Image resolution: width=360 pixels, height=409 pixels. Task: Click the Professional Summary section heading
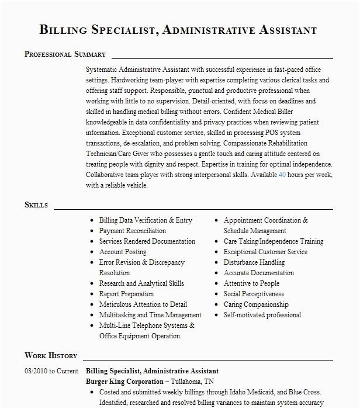click(x=65, y=54)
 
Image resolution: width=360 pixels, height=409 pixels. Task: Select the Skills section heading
click(x=36, y=205)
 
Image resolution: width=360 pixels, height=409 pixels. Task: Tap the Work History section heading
click(x=51, y=355)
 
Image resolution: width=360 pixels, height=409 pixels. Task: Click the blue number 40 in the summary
click(x=282, y=175)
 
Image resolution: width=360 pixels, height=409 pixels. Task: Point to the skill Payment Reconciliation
click(x=133, y=231)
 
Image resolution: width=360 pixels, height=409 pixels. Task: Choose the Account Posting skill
click(x=123, y=252)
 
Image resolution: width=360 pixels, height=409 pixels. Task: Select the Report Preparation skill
click(x=126, y=294)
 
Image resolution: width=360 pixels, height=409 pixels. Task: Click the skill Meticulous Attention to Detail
click(x=143, y=304)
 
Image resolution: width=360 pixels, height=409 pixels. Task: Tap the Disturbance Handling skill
click(x=254, y=262)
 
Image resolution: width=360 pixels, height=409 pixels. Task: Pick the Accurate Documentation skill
click(x=259, y=273)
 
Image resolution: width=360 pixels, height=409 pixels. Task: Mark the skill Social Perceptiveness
click(x=254, y=294)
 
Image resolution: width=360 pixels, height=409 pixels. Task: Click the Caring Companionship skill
click(x=256, y=304)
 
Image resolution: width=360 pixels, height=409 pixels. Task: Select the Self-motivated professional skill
click(x=262, y=315)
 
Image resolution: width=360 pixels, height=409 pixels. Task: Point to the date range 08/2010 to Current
click(x=51, y=371)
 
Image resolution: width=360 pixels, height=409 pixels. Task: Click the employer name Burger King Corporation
click(x=123, y=382)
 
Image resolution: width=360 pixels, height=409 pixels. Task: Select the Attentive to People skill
click(x=252, y=283)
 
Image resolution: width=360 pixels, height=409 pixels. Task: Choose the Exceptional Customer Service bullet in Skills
click(x=265, y=252)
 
